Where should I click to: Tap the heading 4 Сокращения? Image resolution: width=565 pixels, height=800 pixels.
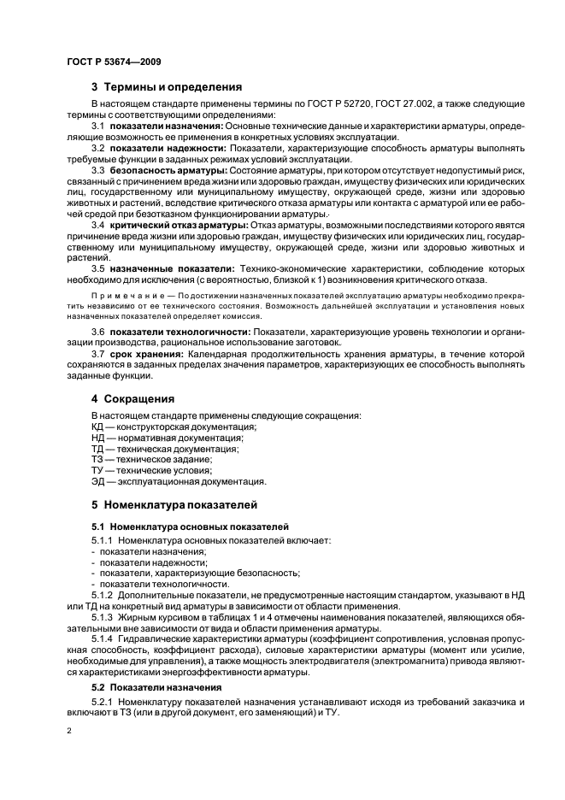point(133,398)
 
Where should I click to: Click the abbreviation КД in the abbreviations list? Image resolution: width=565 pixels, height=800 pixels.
point(98,426)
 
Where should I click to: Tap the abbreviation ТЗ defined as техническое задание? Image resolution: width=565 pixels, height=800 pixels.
point(97,459)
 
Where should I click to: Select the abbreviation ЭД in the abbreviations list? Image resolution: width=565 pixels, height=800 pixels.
point(98,481)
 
